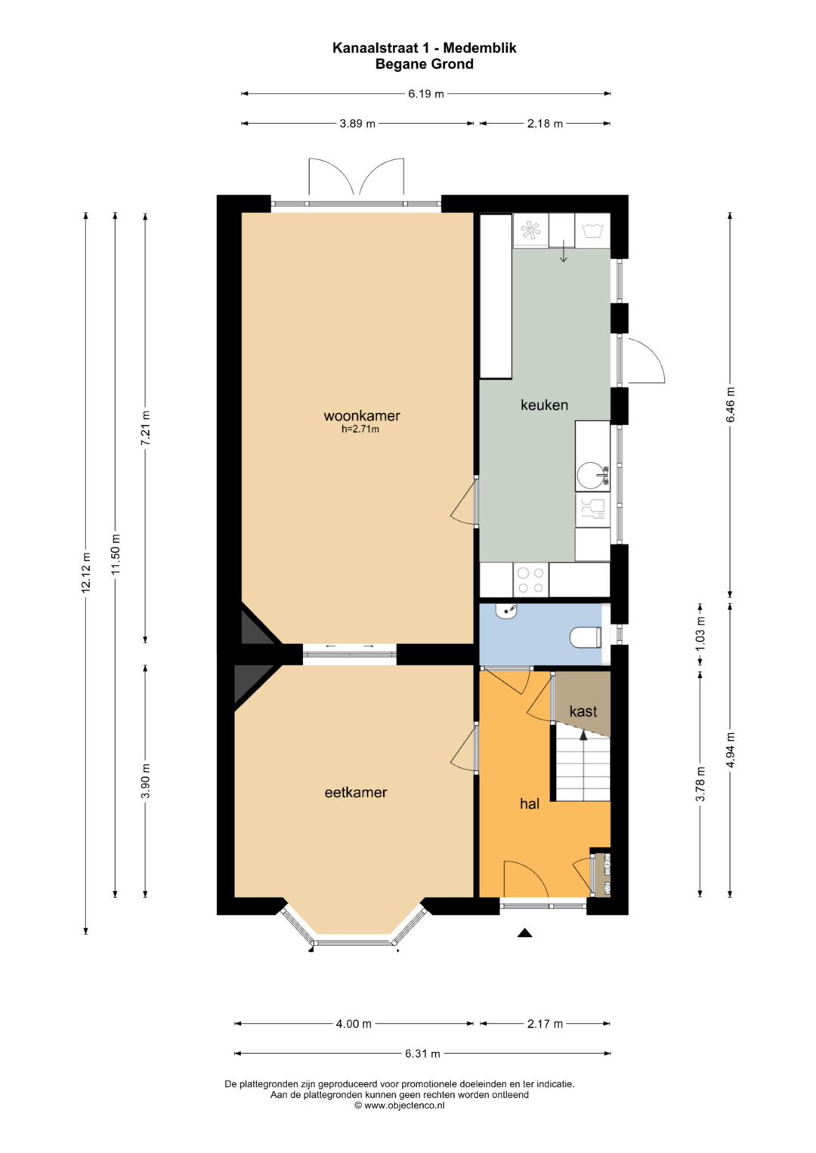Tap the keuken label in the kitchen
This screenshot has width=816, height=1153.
pyautogui.click(x=544, y=405)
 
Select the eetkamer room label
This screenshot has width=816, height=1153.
pyautogui.click(x=355, y=792)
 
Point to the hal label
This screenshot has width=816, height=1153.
pyautogui.click(x=529, y=803)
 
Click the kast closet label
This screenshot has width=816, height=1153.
pyautogui.click(x=583, y=711)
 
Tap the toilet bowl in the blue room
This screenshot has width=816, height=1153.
pyautogui.click(x=586, y=637)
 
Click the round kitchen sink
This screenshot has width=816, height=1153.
pyautogui.click(x=588, y=476)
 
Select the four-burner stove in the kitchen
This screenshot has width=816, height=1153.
pyautogui.click(x=530, y=580)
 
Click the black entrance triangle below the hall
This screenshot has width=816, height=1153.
pyautogui.click(x=524, y=933)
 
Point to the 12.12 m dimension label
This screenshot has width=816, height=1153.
pyautogui.click(x=86, y=572)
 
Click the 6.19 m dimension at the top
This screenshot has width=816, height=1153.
pyautogui.click(x=426, y=94)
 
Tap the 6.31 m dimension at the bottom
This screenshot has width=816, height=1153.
pyautogui.click(x=422, y=1053)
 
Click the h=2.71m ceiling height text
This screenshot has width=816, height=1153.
pyautogui.click(x=360, y=430)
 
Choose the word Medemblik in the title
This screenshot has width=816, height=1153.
pyautogui.click(x=480, y=48)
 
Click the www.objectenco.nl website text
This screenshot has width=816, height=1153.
pyautogui.click(x=404, y=1105)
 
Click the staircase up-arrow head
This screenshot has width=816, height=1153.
pyautogui.click(x=583, y=735)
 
